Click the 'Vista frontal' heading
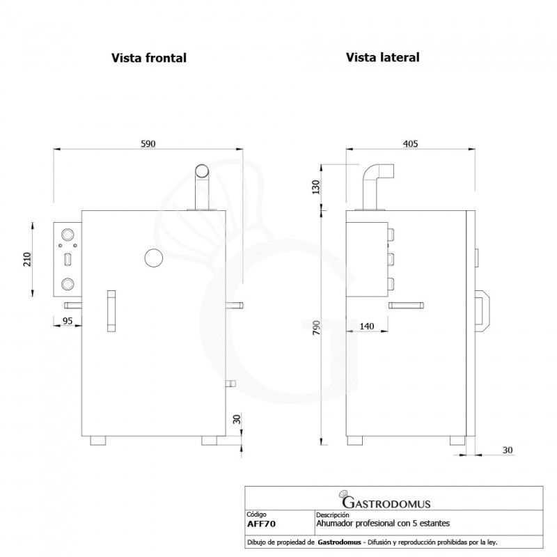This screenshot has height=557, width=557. pyautogui.click(x=149, y=58)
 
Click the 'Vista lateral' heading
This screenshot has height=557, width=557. pyautogui.click(x=382, y=57)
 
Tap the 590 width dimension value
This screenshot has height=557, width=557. pyautogui.click(x=148, y=143)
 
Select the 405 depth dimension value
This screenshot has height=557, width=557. pyautogui.click(x=410, y=143)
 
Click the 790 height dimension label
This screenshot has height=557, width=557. pyautogui.click(x=315, y=329)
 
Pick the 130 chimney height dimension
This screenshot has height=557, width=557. pyautogui.click(x=315, y=187)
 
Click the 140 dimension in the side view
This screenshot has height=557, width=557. pyautogui.click(x=368, y=325)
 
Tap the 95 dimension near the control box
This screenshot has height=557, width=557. pyautogui.click(x=67, y=320)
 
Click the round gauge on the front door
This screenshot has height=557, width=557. pyautogui.click(x=152, y=258)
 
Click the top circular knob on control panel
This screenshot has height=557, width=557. pyautogui.click(x=68, y=235)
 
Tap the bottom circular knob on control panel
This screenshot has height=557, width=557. pyautogui.click(x=68, y=283)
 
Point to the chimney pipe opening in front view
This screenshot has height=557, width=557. pyautogui.click(x=201, y=170)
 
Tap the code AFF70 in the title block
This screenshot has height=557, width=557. pyautogui.click(x=260, y=523)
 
